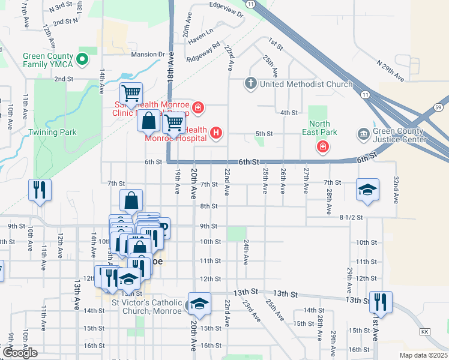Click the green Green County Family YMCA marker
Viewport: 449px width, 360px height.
point(84,59)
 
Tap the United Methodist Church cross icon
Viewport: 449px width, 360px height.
point(252,83)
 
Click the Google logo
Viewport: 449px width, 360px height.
point(20,353)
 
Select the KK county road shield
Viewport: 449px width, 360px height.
point(426,331)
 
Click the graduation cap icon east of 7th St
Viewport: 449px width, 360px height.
point(368,190)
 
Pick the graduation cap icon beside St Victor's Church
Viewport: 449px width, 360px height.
point(199,304)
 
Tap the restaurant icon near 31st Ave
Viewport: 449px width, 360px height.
point(381,301)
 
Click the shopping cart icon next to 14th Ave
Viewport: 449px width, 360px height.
point(131,94)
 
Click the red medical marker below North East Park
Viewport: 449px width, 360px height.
point(323,147)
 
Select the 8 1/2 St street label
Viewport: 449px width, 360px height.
point(351,217)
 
